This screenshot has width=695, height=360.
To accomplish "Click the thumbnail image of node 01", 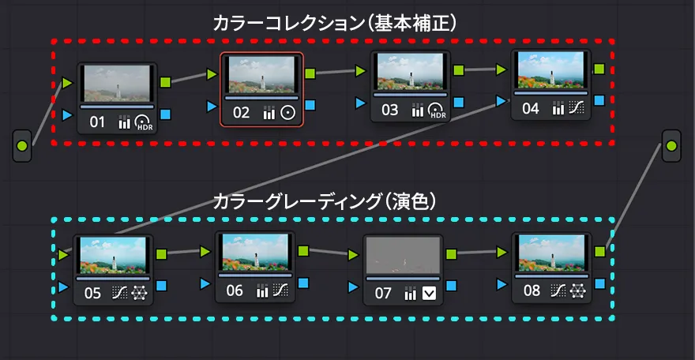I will coord(118,82).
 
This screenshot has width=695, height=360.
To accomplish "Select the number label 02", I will coord(241,113).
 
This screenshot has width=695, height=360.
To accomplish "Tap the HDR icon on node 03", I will coord(438,111).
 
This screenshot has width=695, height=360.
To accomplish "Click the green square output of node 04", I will coord(599,69).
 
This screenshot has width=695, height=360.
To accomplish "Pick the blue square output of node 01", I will coord(165,115).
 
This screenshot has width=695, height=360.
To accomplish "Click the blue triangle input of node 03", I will coord(361,103).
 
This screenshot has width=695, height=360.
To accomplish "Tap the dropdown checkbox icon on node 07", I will coord(429,294).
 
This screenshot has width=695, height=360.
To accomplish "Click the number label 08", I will coord(532,291).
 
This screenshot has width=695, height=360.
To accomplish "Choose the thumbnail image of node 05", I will coord(114,254).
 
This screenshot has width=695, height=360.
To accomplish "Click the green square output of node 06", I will coord(303,251).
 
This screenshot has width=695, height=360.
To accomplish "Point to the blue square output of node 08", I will coord(600,283).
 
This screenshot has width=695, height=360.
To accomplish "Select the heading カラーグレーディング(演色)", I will coord(325,202).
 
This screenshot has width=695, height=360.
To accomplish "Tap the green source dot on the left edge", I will coord(22,146).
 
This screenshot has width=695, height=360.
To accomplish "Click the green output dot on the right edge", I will coord(671,145).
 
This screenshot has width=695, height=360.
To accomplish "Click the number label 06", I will coord(235,291).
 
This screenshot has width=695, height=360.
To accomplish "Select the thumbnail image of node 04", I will coord(550,71).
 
